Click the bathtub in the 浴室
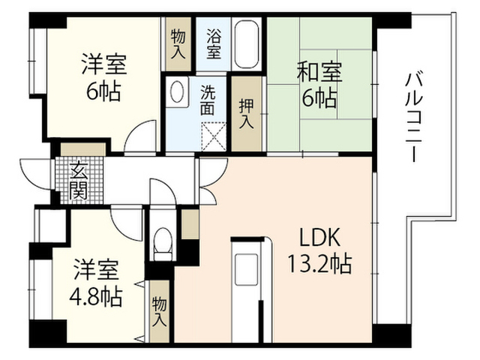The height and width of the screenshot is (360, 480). pos(246,44)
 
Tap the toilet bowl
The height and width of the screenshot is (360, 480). pos(163,244)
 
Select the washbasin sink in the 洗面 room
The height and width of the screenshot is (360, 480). pos(177,91)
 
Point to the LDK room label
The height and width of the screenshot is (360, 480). pos(319,238)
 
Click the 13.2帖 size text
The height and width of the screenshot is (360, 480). pos(319,264)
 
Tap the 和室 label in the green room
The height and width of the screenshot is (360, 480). pos(319,72)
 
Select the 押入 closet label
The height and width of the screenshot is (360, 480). pos(247,113)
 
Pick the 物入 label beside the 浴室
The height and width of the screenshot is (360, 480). pos(178,44)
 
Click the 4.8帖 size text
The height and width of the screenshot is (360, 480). pos(96,297)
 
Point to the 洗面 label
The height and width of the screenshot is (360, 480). pos(208,100)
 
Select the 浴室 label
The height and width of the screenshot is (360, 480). pos(214,44)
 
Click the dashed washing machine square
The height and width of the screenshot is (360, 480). pos(214,136)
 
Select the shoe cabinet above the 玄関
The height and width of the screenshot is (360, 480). pos(83,149)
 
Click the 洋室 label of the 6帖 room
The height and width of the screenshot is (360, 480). pos(104,64)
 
